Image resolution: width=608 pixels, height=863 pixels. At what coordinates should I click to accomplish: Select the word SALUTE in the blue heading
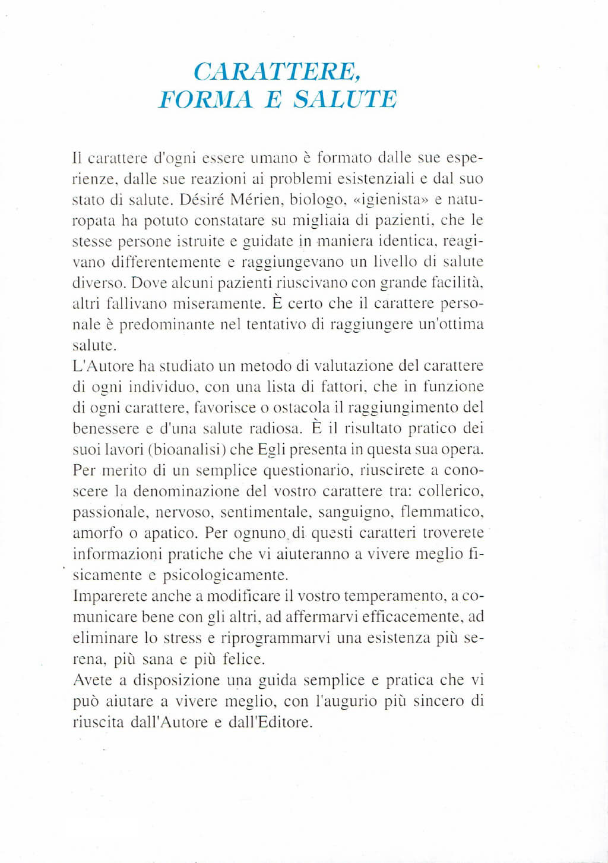tap(345, 99)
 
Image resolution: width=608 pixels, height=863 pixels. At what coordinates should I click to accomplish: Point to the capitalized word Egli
tap(271, 449)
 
